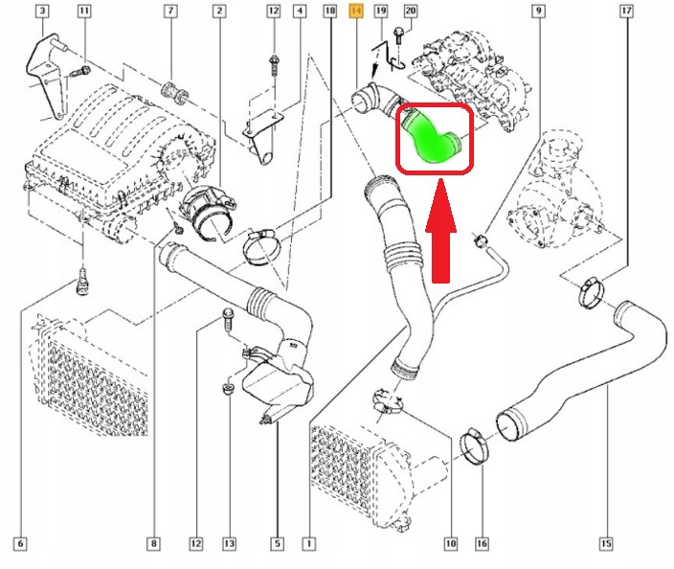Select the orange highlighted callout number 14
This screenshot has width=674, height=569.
click(357, 11)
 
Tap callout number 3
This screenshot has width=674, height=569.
click(42, 11)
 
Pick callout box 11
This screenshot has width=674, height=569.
click(84, 11)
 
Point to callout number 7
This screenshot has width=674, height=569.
click(171, 11)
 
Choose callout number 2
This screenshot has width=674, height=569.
click(219, 11)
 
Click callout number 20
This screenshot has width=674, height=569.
click(411, 11)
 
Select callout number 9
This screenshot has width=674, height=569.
click(539, 11)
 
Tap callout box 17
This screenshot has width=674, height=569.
click(627, 11)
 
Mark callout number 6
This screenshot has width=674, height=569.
click(20, 544)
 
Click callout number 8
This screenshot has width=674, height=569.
click(154, 544)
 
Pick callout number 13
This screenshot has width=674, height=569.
click(230, 544)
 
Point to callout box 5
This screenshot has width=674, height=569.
click(278, 544)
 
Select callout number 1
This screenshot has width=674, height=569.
click(308, 544)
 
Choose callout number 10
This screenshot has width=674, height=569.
click(451, 544)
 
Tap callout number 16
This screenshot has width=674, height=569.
click(482, 544)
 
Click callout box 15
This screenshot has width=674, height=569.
click(606, 544)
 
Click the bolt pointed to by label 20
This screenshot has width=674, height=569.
click(398, 35)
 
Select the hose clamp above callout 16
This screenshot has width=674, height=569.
click(475, 446)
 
